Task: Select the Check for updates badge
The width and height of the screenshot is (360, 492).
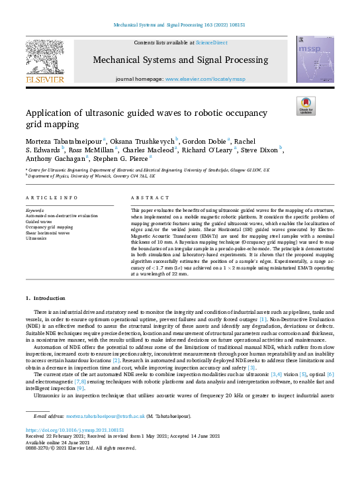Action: pos(305,106)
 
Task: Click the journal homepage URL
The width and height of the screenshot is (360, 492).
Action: pos(204,78)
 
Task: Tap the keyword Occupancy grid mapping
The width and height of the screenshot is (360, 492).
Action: pos(49,227)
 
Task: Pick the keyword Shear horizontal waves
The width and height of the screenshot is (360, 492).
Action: pos(48,232)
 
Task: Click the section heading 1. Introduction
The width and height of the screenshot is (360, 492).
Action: pos(45,299)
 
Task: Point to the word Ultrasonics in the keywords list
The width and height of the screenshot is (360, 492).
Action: pos(36,238)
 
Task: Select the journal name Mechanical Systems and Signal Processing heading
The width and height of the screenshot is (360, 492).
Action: pos(180,60)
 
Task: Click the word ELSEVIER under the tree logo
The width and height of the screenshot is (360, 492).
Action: pos(45,79)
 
